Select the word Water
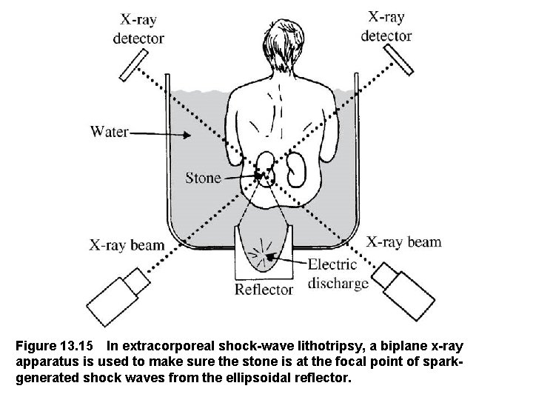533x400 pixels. click(110, 133)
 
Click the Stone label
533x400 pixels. click(204, 177)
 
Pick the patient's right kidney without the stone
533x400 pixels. click(297, 170)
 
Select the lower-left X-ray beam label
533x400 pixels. click(127, 244)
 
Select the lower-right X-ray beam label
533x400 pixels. click(404, 241)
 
